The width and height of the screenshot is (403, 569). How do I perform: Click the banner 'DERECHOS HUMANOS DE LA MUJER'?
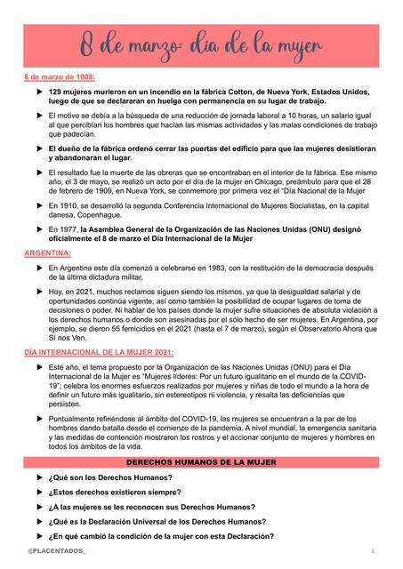[x=201, y=464]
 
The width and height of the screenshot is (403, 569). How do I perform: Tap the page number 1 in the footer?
[x=372, y=553]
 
